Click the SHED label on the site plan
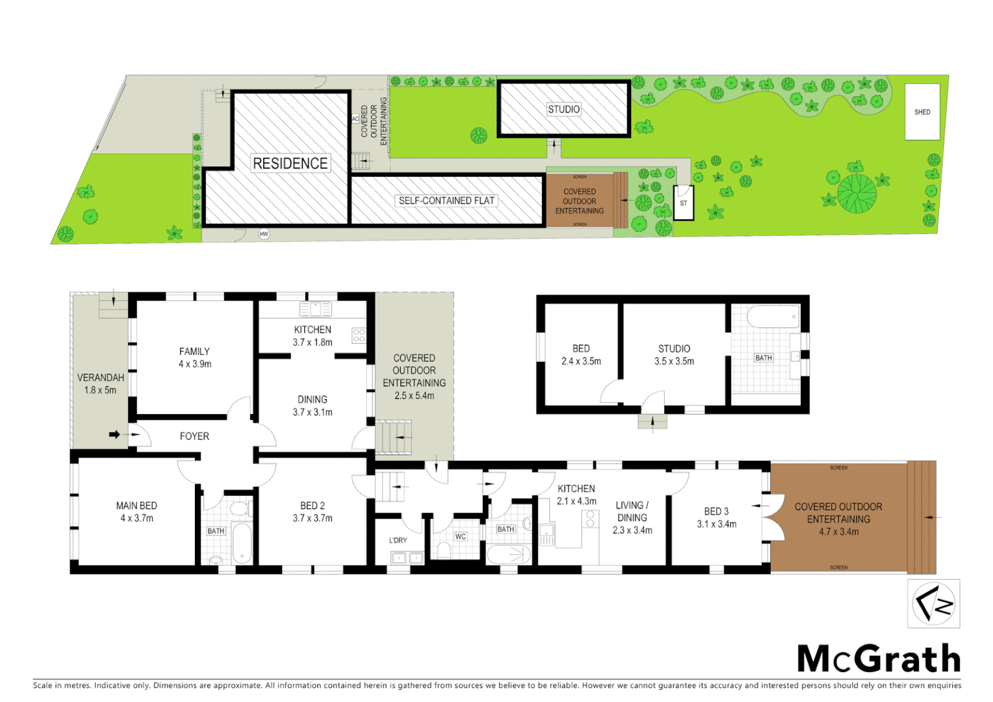coord(922,112)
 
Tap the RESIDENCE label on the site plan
coord(290,163)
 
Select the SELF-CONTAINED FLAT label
coord(446,200)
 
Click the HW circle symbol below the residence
coord(264,234)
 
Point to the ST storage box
coord(683,203)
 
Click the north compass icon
coord(933,604)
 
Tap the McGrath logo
coord(879,658)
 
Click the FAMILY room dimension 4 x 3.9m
coord(195,364)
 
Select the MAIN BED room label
coord(136,506)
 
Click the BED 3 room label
coord(716,512)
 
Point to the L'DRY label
coord(398,540)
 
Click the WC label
coord(460,536)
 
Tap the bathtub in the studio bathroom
coord(772,318)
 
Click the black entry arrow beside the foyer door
coord(114,434)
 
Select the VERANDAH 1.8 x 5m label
coord(100,383)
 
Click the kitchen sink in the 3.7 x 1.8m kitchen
coord(316,309)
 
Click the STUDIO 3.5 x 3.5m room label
coord(674,355)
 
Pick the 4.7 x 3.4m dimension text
coord(838,532)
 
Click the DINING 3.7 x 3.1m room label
coord(313,406)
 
